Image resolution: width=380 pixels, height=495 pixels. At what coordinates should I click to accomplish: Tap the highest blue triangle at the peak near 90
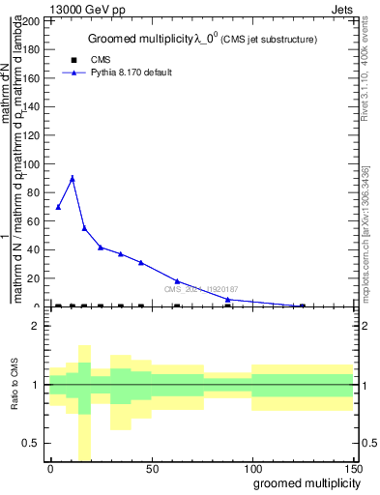tap(72, 178)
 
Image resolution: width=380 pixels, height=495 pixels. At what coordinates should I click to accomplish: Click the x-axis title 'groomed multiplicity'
tap(302, 482)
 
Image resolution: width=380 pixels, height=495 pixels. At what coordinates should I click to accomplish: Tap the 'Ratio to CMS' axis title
tap(15, 385)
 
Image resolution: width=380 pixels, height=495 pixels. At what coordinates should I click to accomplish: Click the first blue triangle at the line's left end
tap(58, 207)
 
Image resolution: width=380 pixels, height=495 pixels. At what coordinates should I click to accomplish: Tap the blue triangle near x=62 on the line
tap(177, 280)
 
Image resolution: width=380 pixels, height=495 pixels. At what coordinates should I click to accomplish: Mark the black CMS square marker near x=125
tap(302, 306)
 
